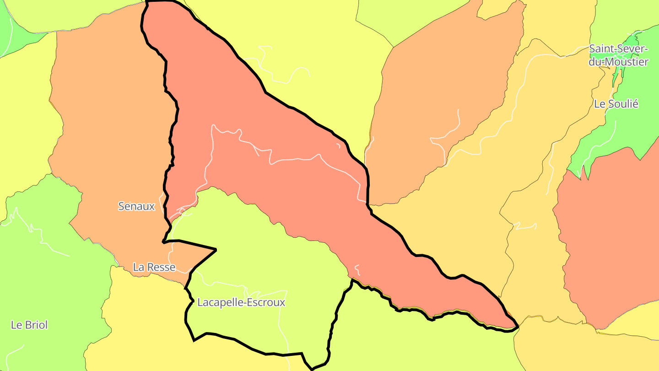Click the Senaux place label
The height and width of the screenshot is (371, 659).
click(136, 206)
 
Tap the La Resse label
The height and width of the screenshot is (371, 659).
click(154, 267)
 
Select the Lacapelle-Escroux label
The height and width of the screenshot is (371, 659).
click(241, 302)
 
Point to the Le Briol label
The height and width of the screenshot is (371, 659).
click(29, 325)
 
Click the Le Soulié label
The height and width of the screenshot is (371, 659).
click(616, 104)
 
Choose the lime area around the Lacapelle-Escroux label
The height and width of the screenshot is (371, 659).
click(265, 256)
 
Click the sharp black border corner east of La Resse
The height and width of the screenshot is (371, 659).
click(216, 249)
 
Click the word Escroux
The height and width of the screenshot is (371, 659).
click(265, 302)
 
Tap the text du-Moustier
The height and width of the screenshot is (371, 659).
click(618, 62)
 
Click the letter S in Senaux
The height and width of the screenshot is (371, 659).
click(121, 206)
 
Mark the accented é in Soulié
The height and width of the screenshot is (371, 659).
click(635, 104)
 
